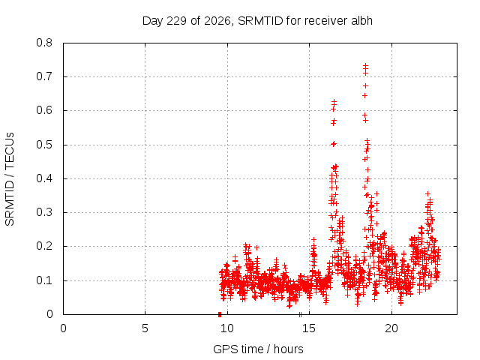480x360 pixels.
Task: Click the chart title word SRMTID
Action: [x=260, y=21]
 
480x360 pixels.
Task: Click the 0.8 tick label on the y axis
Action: [x=44, y=43]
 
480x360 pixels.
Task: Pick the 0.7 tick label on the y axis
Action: [x=44, y=76]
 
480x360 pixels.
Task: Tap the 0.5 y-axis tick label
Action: [x=44, y=145]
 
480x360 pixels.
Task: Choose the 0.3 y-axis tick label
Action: [x=44, y=212]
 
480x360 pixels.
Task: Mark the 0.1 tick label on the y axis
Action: [x=44, y=280]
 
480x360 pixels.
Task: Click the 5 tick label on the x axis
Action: [x=145, y=328]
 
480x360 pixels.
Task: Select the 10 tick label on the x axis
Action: [x=227, y=328]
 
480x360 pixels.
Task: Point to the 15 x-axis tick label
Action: [x=309, y=328]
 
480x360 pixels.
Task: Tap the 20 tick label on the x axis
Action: [x=391, y=328]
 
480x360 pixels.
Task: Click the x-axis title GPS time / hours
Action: [x=258, y=349]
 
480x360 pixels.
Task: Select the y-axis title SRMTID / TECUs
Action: [x=10, y=179]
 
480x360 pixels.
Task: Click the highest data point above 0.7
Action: [x=365, y=65]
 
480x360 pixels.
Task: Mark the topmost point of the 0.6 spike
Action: [x=334, y=101]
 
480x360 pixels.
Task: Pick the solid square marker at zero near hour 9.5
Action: [x=220, y=314]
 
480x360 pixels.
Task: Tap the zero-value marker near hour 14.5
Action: [x=300, y=314]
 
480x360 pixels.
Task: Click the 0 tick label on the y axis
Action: [x=49, y=314]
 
